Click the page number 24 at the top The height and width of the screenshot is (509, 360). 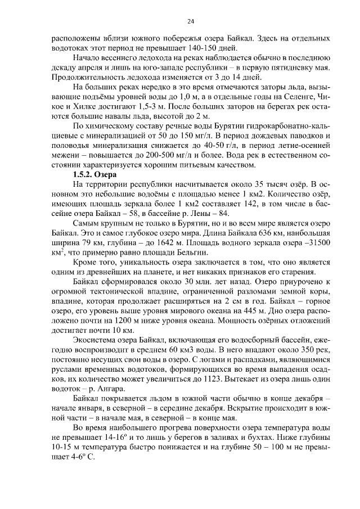[x=190, y=21]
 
